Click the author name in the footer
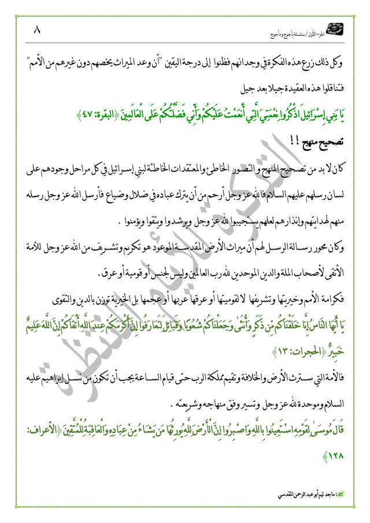click(x=301, y=496)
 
